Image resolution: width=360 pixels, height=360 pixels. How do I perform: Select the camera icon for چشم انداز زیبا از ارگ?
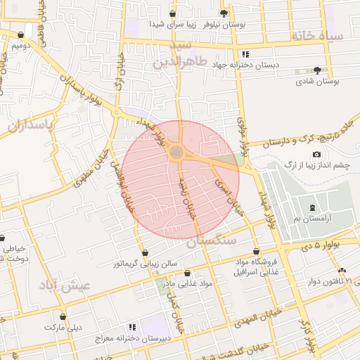316,155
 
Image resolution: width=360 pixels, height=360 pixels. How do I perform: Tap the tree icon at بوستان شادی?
318,70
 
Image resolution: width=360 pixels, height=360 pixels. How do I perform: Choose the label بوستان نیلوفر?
224,24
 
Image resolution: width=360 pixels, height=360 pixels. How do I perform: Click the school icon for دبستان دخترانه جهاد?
245,54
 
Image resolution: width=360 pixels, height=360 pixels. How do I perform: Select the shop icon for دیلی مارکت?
63,317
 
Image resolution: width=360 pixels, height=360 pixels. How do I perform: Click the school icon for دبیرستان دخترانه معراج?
131,328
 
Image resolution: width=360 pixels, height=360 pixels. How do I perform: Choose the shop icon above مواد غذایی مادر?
187,273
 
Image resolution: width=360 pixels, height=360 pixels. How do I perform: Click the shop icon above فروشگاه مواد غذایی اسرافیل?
256,251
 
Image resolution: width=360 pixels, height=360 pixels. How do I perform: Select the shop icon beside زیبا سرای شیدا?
173,13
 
